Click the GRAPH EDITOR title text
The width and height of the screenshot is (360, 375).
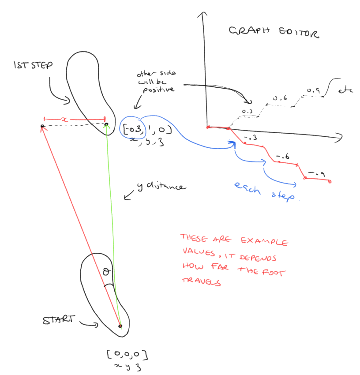[x=274, y=33]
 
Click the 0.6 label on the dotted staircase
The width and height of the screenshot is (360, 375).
[x=280, y=99]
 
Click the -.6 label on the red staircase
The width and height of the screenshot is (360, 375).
[x=282, y=157]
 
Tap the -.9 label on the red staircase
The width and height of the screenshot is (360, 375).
[x=315, y=172]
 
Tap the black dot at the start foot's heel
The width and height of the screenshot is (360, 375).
[x=120, y=326]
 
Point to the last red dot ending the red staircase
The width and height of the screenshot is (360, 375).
[x=330, y=181]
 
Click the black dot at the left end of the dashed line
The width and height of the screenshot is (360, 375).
[x=42, y=127]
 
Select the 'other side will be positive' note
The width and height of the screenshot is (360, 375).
[x=154, y=82]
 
